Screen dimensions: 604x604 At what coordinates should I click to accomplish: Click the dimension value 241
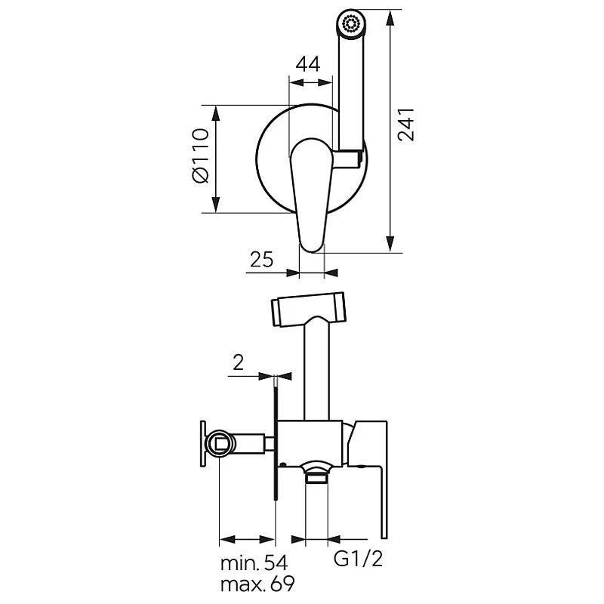point(407,124)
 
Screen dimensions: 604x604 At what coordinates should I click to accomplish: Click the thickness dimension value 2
point(238,362)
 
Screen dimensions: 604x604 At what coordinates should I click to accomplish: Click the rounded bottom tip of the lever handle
point(312,243)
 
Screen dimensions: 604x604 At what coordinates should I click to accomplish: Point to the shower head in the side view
point(308,310)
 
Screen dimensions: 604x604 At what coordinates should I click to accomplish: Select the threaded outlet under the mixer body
point(316,475)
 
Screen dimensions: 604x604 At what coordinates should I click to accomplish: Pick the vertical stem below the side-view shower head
point(316,370)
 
